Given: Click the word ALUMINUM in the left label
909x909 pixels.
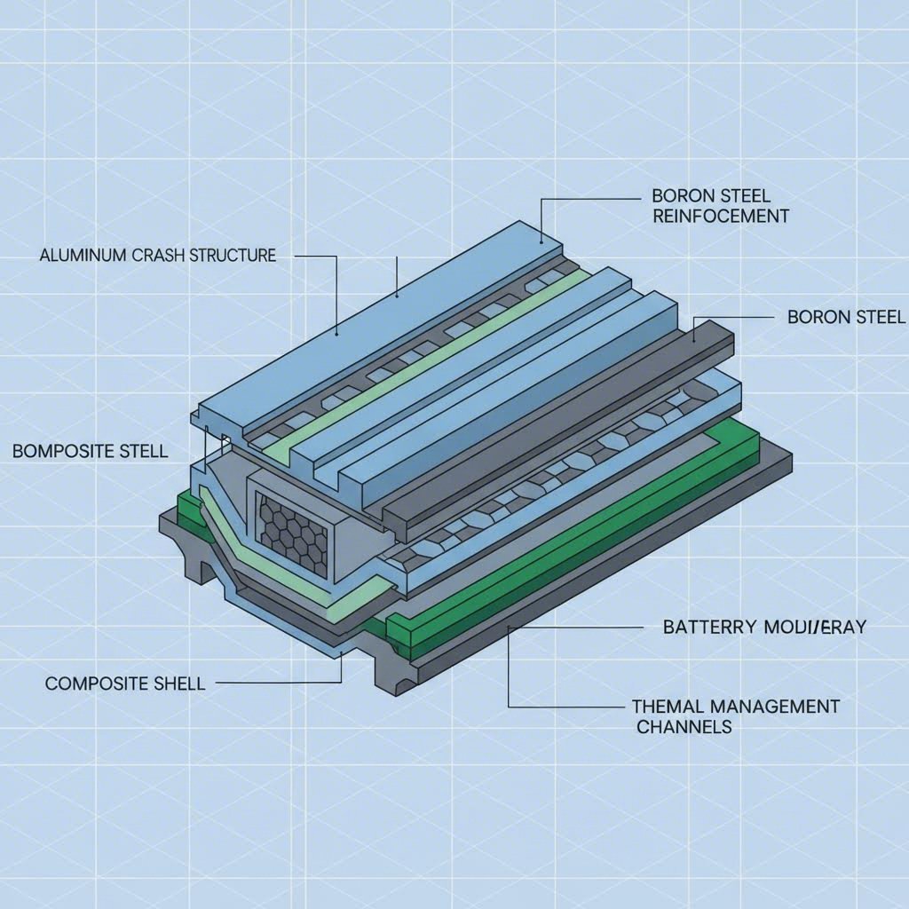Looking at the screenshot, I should (77, 256).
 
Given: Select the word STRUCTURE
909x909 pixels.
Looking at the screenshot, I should (232, 256).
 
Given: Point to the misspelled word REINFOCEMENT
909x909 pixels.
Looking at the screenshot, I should (720, 216).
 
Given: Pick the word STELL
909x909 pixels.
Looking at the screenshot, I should (144, 451).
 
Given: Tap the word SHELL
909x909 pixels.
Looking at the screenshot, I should (176, 684).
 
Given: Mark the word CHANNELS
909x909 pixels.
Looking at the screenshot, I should (684, 726).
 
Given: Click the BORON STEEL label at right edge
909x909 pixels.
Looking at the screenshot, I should (846, 317).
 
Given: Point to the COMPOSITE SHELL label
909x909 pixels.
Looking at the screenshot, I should (124, 684).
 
